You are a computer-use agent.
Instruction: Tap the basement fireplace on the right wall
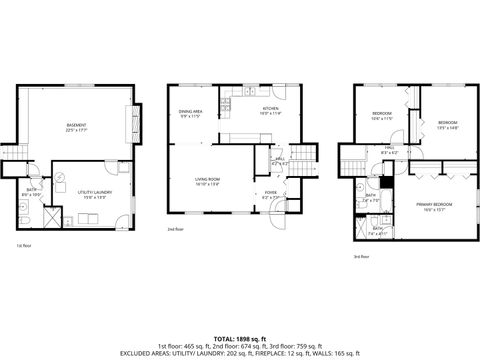[x=129, y=125]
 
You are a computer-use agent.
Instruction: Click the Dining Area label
[x=191, y=114]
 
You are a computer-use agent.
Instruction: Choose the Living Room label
[x=207, y=182]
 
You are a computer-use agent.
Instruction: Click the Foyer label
[x=270, y=195]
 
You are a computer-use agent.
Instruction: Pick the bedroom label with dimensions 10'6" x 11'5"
[x=381, y=116]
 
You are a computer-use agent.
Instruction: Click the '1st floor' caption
[x=22, y=245]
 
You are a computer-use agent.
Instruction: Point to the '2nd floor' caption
[x=175, y=229]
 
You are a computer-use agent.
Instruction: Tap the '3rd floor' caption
[x=361, y=257]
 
